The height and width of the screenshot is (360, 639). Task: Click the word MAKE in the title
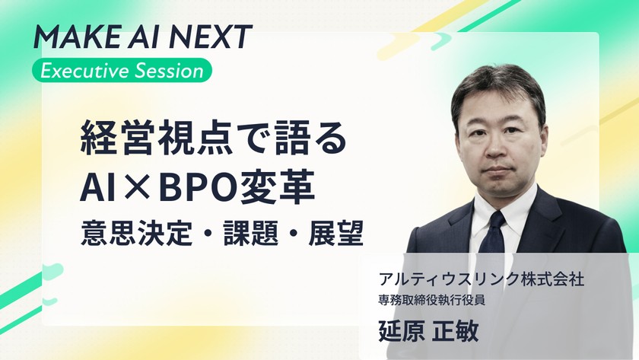[x=77, y=37]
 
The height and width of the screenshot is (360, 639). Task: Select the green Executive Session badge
[x=122, y=71]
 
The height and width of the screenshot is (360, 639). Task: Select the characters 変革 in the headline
[x=277, y=188]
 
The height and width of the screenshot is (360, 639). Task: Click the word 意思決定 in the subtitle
[x=136, y=233]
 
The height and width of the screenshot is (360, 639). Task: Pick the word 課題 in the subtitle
[x=250, y=233]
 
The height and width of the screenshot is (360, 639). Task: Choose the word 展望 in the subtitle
[x=335, y=233]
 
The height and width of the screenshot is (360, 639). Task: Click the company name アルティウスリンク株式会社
[x=481, y=279]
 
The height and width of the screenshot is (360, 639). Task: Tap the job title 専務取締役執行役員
[x=431, y=301]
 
